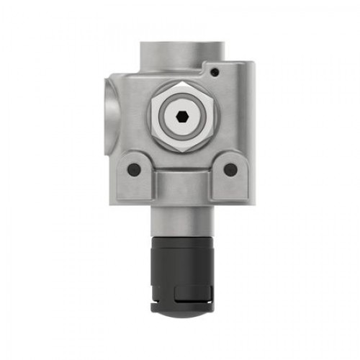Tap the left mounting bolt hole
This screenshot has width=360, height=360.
point(134,169)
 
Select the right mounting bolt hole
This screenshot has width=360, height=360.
point(230,169)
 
